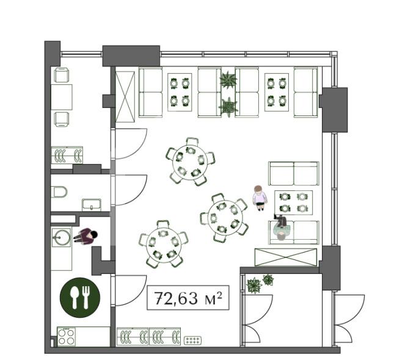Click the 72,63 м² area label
(188, 298)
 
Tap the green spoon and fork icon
(79, 298)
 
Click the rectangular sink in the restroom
(92, 205)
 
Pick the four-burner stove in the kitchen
(66, 337)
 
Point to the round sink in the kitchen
(62, 237)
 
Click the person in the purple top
(86, 237)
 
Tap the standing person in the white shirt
(259, 198)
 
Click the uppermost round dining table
(190, 162)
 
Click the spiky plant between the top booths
(228, 79)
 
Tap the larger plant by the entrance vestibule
(254, 286)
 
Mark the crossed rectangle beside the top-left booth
(125, 97)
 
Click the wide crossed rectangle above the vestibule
(286, 257)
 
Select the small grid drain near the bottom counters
(192, 340)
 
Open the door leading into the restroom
(129, 190)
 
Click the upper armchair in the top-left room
(62, 75)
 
